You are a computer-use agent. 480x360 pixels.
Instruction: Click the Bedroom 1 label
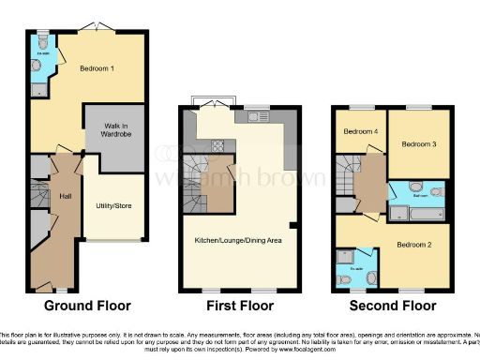97,68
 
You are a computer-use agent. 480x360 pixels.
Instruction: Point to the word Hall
66,197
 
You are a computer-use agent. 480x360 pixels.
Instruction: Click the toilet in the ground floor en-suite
49,66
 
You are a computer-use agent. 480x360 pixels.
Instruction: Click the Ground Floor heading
87,306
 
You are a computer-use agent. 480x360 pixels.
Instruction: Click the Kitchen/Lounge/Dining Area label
237,240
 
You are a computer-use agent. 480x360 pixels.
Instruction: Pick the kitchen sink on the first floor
254,117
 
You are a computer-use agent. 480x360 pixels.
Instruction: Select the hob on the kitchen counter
217,145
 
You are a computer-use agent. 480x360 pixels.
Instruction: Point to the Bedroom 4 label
361,132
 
